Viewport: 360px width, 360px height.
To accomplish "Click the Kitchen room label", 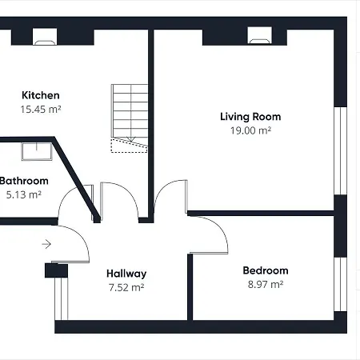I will pos(41,95).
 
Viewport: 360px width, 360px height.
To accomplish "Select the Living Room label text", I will pos(250,117).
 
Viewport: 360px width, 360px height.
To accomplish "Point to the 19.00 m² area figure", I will pos(250,130).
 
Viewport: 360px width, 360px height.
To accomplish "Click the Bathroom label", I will pos(24,181).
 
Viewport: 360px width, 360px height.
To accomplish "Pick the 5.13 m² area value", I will pos(24,194).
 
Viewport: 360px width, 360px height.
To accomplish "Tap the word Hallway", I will pos(126,272).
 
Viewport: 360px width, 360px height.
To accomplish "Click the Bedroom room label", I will pos(266,270).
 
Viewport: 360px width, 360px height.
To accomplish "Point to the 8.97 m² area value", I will pos(266,283).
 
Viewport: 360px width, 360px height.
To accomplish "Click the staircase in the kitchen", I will pos(127,115).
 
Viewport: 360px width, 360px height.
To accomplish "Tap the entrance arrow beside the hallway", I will pos(47,244).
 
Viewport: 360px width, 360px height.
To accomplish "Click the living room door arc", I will pos(171,197).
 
